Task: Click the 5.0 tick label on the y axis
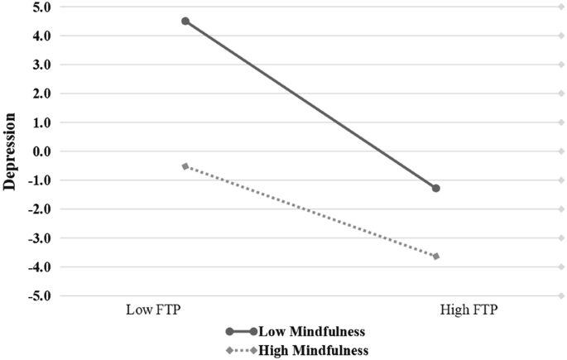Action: pos(41,7)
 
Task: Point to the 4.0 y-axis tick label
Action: pos(41,36)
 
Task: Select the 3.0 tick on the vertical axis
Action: pos(41,65)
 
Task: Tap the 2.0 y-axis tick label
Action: pos(41,94)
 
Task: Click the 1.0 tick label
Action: pos(41,122)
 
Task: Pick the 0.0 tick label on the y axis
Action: pos(41,151)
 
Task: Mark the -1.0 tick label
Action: pos(40,180)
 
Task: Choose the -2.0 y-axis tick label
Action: pos(40,209)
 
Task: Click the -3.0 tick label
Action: pos(40,238)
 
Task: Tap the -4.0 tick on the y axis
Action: pos(40,266)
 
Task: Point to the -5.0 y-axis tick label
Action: pos(40,295)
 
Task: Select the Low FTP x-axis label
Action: pos(153,311)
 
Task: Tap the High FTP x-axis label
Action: pos(468,311)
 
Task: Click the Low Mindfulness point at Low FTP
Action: pos(185,22)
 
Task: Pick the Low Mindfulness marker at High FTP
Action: pos(436,189)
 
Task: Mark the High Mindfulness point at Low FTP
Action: pos(185,166)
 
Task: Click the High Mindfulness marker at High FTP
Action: pos(436,257)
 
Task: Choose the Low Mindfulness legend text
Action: pos(313,332)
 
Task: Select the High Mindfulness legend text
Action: pos(314,350)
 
